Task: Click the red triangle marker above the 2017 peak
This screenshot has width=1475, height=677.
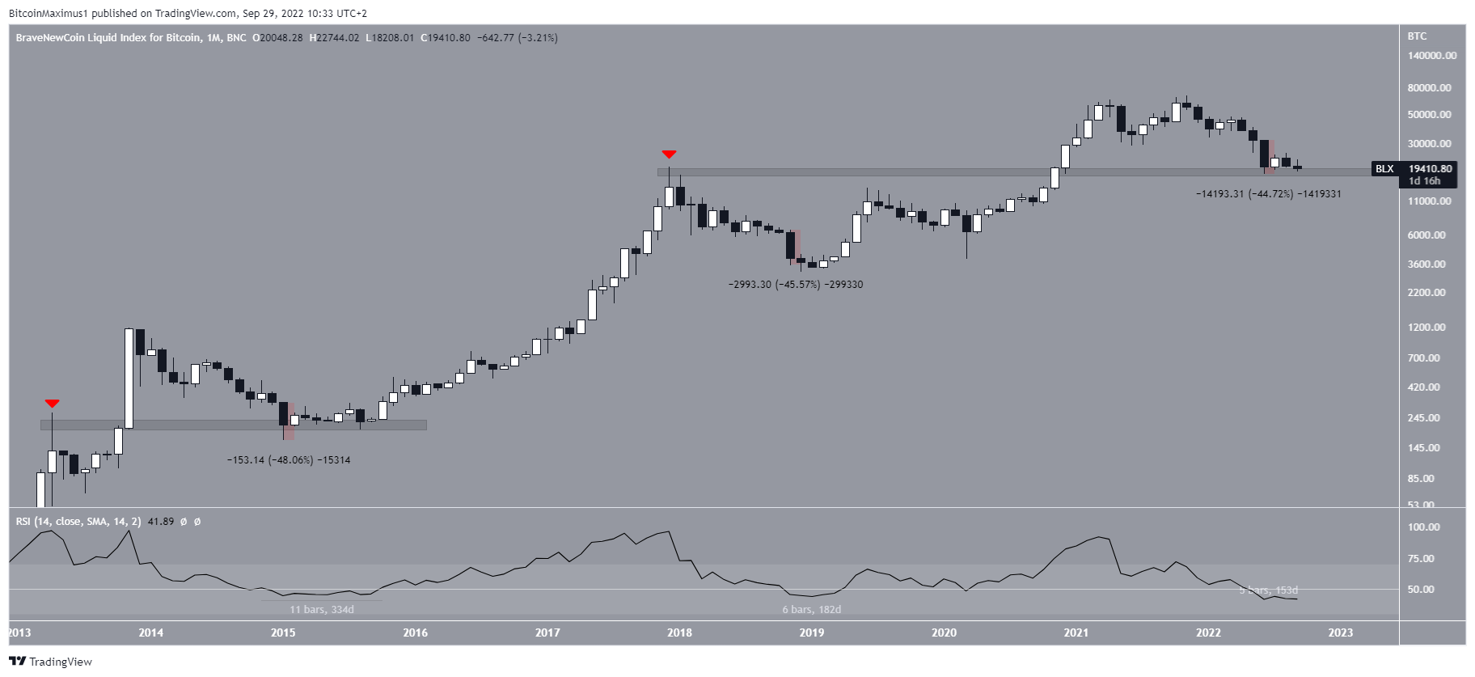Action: tap(669, 154)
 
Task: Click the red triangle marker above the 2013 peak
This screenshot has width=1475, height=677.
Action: tap(53, 403)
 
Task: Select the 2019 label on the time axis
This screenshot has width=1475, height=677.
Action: tap(811, 633)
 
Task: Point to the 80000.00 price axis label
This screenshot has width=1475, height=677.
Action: tap(1429, 87)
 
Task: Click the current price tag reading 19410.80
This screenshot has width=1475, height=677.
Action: tap(1430, 169)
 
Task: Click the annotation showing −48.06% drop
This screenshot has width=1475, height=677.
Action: tap(289, 460)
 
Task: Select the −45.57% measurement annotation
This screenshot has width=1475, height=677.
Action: tap(796, 285)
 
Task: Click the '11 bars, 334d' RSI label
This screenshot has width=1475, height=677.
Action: tap(322, 609)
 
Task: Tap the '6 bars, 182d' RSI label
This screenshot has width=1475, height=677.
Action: tap(811, 609)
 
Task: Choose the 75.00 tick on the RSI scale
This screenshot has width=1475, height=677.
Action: tap(1423, 558)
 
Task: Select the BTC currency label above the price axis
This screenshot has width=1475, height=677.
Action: tap(1417, 36)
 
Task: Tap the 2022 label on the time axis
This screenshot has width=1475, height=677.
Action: tap(1208, 633)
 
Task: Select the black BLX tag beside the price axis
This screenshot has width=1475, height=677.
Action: tap(1384, 169)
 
